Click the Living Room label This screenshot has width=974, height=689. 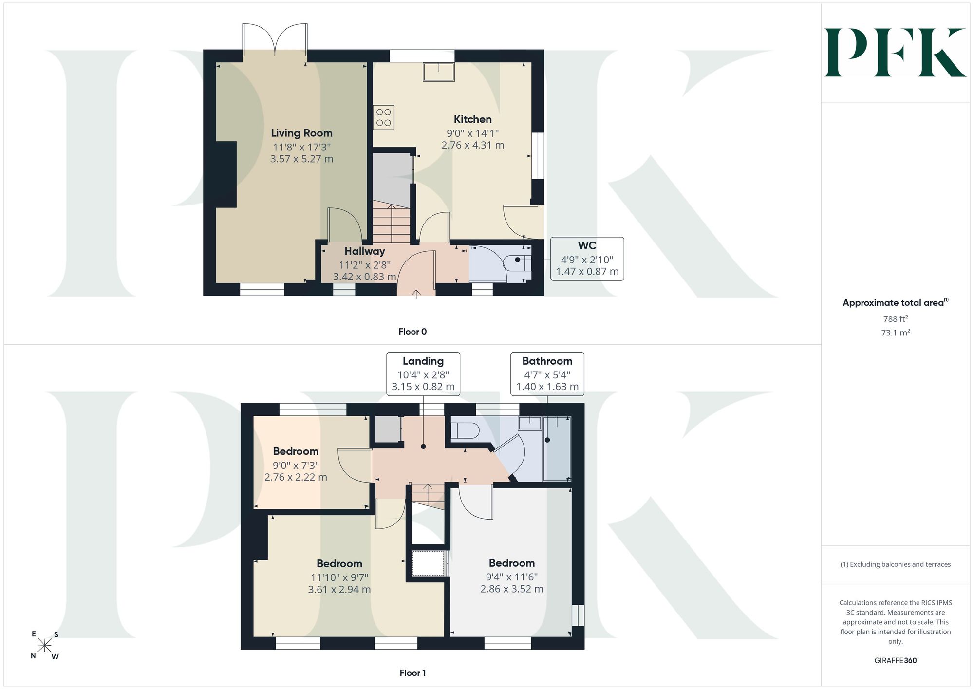301,133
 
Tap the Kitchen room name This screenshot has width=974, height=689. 472,119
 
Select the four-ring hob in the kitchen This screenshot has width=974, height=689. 384,117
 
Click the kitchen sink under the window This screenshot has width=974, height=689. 439,72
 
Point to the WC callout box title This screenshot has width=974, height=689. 587,246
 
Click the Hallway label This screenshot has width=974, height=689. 365,251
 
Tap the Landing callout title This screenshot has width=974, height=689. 423,361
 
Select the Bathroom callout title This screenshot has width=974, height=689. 547,361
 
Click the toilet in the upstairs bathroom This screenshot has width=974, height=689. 465,431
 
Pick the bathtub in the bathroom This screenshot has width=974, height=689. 557,448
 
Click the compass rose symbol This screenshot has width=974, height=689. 44,646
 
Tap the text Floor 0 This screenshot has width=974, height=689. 412,332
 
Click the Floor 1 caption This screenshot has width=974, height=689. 412,673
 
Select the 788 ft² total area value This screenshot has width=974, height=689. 896,319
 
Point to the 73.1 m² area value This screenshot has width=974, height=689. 896,333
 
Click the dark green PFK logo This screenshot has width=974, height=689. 895,53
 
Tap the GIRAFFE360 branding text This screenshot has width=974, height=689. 896,661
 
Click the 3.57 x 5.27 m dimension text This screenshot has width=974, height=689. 301,159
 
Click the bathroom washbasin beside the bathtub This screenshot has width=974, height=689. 530,423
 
